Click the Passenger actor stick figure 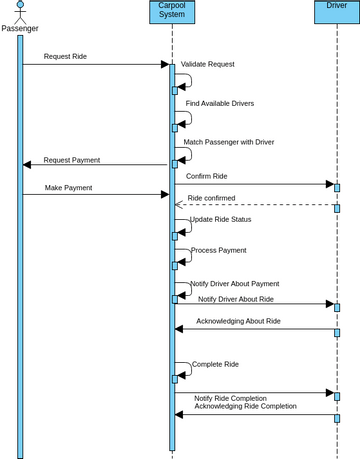(x=19, y=11)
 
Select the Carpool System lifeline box (x=172, y=11)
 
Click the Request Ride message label (x=65, y=57)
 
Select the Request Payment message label (x=71, y=160)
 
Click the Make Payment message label (x=68, y=187)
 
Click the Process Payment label (x=218, y=250)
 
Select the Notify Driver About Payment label (x=234, y=284)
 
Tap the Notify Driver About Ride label (x=235, y=299)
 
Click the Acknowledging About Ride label (x=238, y=321)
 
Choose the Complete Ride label (x=215, y=364)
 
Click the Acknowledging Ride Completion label (x=245, y=406)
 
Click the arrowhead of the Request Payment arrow (x=27, y=165)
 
